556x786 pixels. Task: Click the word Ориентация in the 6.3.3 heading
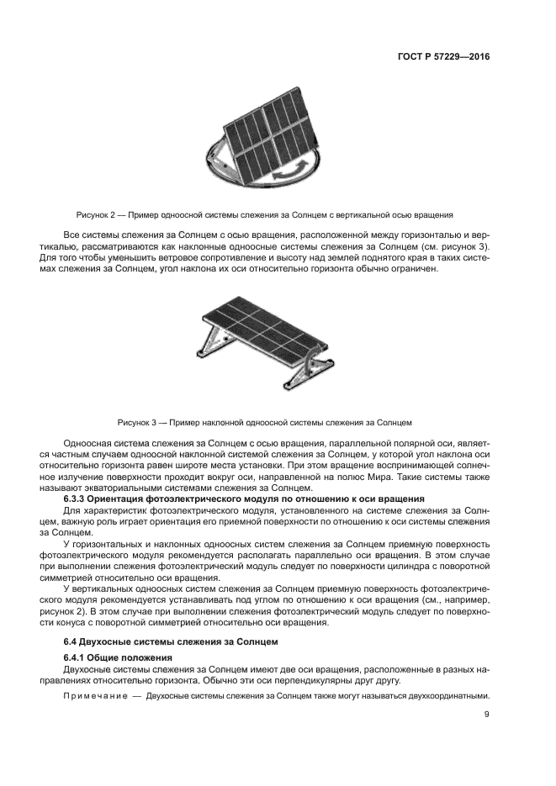coord(126,499)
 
